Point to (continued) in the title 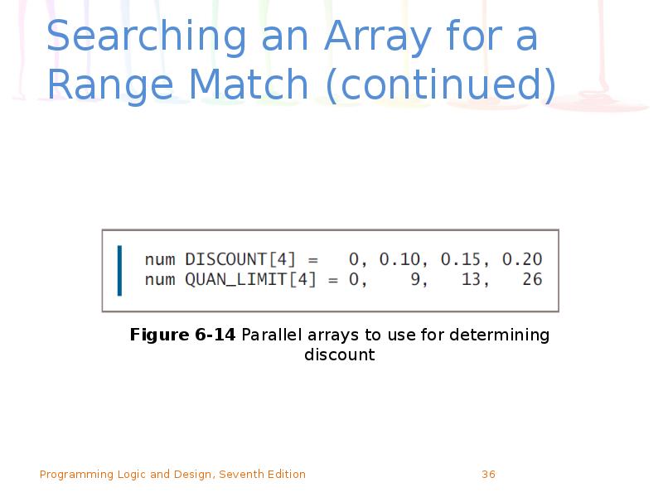pos(441,86)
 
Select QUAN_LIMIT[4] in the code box pos(250,280)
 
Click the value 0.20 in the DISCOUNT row pos(522,260)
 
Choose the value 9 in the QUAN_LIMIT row pos(416,280)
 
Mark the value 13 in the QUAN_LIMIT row pos(472,280)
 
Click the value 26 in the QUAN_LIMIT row pos(532,280)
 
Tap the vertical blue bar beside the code pos(119,270)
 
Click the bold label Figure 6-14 pos(182,335)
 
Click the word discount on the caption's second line pos(339,355)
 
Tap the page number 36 pos(488,475)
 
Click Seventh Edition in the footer pos(262,475)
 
